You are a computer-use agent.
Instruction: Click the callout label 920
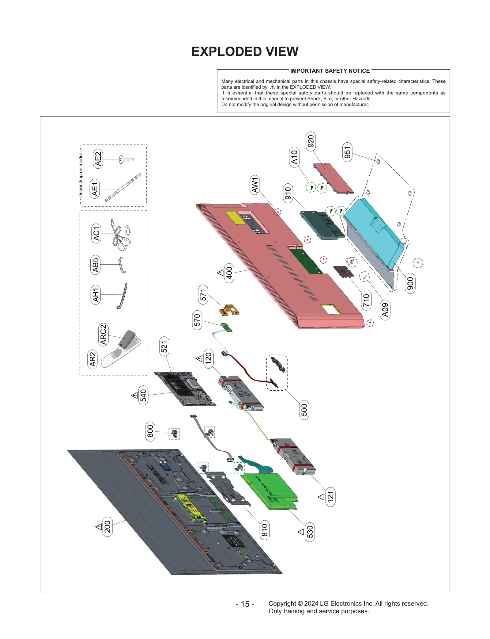(311, 141)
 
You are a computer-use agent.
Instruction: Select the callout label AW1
(255, 185)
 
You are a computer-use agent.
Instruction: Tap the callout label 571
(203, 295)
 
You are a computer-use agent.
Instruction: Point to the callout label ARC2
(103, 334)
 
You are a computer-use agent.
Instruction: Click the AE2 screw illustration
(126, 159)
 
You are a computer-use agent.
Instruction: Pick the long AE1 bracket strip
(123, 187)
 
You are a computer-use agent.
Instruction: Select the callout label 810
(264, 530)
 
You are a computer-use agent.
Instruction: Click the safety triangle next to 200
(99, 527)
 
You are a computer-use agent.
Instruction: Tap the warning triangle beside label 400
(220, 272)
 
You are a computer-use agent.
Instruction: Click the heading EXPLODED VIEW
(245, 52)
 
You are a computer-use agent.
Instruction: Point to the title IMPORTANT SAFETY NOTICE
(330, 71)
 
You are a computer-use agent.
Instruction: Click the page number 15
(245, 604)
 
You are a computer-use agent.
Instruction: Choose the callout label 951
(347, 152)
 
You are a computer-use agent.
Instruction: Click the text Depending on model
(81, 175)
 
